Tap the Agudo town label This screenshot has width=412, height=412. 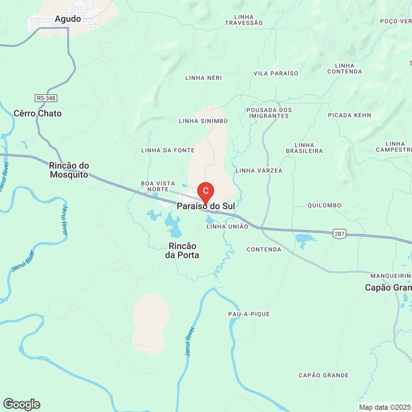pos(68,19)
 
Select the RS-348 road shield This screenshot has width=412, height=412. pos(46,98)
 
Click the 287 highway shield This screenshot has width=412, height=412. pos(339,234)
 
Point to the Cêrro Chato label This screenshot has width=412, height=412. pos(37,113)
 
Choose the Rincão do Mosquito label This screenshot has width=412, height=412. pos(69,170)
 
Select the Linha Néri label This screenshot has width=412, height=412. pos(204,77)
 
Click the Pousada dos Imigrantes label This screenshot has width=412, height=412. pos(269,113)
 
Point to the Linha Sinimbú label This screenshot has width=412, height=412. pos(203,121)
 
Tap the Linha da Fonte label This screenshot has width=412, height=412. pos(168,150)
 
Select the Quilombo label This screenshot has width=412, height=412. pos(324,205)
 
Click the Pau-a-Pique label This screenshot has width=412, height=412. pos(249,314)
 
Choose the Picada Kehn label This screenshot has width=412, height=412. pos(349,115)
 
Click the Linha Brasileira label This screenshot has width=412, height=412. pos(304,148)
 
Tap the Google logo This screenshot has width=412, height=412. pos(21,404)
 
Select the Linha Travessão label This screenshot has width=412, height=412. pos(243,20)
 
